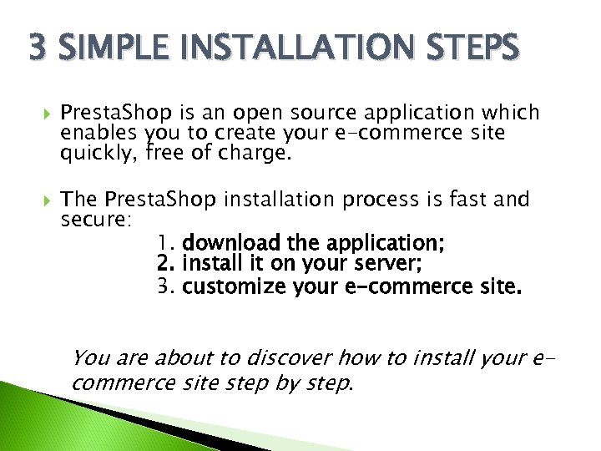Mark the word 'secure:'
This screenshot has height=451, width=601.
coord(94,220)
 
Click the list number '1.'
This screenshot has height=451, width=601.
coord(166,244)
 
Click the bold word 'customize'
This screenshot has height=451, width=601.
coord(235,288)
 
